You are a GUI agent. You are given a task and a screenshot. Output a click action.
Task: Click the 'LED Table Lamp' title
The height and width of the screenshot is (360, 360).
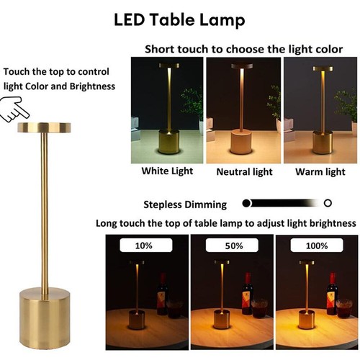(180, 19)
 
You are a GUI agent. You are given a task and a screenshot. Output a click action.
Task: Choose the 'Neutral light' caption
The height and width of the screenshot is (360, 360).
(244, 172)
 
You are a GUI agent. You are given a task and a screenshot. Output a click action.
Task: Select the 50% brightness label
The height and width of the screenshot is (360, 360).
(231, 246)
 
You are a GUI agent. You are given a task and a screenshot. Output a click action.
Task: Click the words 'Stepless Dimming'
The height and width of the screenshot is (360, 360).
(185, 204)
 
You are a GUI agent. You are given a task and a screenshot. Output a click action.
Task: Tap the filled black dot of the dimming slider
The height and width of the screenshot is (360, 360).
(247, 204)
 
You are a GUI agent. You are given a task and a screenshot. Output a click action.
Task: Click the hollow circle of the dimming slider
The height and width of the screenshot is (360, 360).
(328, 204)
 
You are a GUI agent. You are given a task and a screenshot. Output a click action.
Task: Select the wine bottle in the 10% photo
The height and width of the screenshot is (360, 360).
(161, 295)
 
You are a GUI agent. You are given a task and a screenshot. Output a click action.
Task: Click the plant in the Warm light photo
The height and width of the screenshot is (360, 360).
(345, 104)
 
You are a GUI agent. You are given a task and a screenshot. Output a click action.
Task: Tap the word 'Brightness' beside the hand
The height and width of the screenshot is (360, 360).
(89, 86)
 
